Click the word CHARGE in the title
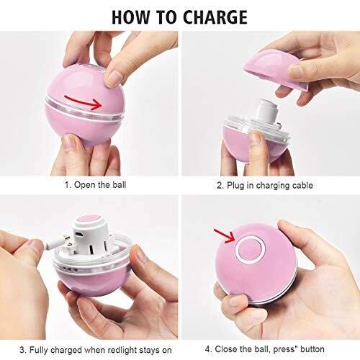215,17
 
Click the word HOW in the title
130,17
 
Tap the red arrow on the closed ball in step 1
84,102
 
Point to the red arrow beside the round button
224,235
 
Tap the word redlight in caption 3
122,350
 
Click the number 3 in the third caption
22,350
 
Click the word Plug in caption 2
235,186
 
